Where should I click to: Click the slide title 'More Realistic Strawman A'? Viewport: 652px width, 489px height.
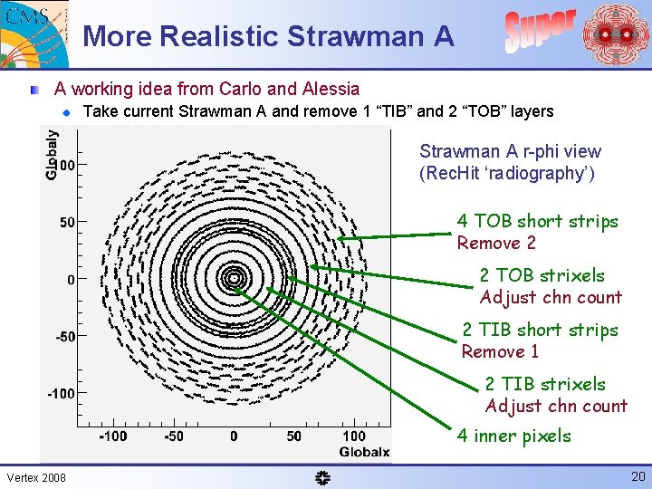coord(268,36)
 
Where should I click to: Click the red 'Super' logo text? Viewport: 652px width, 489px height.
coord(540,30)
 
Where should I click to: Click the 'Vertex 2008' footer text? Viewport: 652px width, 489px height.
coord(35,477)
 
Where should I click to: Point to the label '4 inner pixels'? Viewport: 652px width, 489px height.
coord(513,436)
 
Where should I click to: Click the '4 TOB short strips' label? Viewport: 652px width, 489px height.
coord(537,221)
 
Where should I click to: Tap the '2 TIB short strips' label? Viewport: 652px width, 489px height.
coord(540,330)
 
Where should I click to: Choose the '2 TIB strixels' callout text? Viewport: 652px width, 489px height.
coord(544,384)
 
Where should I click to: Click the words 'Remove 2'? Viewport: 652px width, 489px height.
coord(496,243)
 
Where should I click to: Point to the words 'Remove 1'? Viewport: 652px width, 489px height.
coord(500,351)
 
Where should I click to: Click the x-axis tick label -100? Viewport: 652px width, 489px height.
coord(112,436)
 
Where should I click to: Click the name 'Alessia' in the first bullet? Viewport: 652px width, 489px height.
coord(331,89)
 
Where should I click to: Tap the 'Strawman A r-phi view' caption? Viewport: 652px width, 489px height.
coord(510,151)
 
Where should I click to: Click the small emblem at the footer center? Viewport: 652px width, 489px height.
coord(323,477)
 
